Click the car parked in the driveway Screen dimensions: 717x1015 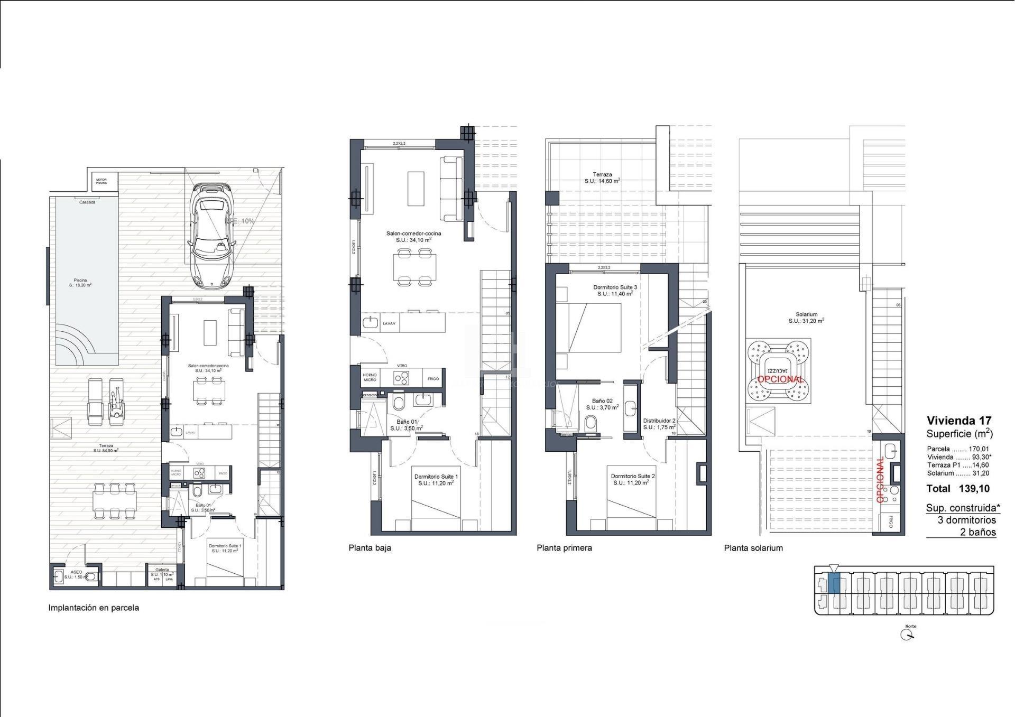pyautogui.click(x=212, y=236)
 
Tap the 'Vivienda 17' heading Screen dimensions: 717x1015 pyautogui.click(x=959, y=421)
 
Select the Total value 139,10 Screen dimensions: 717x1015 pyautogui.click(x=974, y=489)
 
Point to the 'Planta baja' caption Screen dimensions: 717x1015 pyautogui.click(x=370, y=548)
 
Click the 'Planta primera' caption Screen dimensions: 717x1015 pyautogui.click(x=564, y=548)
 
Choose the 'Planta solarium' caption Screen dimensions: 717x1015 pyautogui.click(x=753, y=548)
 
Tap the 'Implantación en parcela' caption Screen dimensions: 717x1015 pyautogui.click(x=94, y=608)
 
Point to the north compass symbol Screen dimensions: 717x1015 pyautogui.click(x=907, y=635)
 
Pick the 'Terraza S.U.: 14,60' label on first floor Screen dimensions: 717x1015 pyautogui.click(x=602, y=178)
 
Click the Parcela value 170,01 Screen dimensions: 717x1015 pyautogui.click(x=979, y=449)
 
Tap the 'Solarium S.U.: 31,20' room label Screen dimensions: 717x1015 pyautogui.click(x=806, y=318)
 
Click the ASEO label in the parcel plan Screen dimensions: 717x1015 pyautogui.click(x=76, y=574)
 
